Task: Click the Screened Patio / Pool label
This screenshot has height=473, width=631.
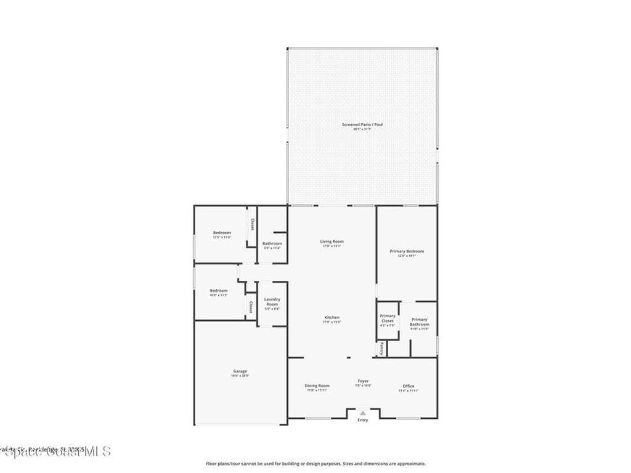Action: pyautogui.click(x=362, y=125)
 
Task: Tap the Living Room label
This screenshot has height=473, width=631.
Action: pyautogui.click(x=332, y=241)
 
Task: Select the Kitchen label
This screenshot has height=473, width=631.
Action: pyautogui.click(x=332, y=318)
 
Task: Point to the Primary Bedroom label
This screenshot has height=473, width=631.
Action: pyautogui.click(x=407, y=251)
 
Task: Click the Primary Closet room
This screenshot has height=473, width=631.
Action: pyautogui.click(x=388, y=320)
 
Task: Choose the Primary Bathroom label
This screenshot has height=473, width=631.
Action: pyautogui.click(x=419, y=322)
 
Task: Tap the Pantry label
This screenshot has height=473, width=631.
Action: pyautogui.click(x=382, y=349)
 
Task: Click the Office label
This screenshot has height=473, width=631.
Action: pyautogui.click(x=409, y=386)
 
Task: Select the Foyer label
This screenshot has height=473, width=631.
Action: pyautogui.click(x=363, y=381)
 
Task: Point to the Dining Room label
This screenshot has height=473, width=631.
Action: pyautogui.click(x=317, y=386)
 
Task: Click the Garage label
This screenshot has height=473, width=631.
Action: pyautogui.click(x=240, y=371)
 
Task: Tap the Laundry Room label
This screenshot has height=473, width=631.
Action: pyautogui.click(x=272, y=302)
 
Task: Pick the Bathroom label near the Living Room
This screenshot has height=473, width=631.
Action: pyautogui.click(x=272, y=244)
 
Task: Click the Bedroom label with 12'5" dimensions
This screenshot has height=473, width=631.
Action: pyautogui.click(x=222, y=233)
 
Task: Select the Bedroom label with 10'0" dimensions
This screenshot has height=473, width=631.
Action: pyautogui.click(x=218, y=291)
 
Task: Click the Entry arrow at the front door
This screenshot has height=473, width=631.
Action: pyautogui.click(x=363, y=413)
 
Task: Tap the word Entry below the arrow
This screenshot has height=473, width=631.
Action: pyautogui.click(x=363, y=420)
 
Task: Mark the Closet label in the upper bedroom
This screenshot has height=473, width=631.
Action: pyautogui.click(x=252, y=225)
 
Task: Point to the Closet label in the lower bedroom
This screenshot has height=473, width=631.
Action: pyautogui.click(x=250, y=306)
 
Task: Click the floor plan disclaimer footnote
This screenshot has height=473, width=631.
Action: pyautogui.click(x=315, y=464)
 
